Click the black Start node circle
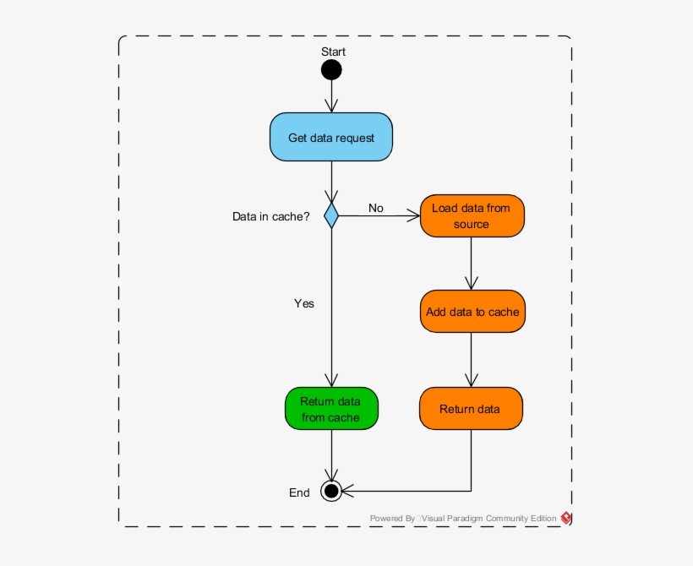(331, 69)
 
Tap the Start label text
(333, 52)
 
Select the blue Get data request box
(331, 137)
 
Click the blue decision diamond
(331, 215)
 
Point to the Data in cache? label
(270, 216)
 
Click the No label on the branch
(375, 208)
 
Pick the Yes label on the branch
(303, 302)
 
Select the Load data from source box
(471, 215)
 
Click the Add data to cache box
(472, 312)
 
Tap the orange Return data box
(471, 409)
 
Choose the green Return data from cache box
(330, 410)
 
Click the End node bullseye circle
(331, 490)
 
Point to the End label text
(299, 493)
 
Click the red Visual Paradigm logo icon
(566, 518)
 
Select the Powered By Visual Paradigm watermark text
(463, 518)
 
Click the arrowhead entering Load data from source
(413, 215)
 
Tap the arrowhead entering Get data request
(331, 106)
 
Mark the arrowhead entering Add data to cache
(471, 285)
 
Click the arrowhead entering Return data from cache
(331, 382)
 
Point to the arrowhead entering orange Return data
(471, 382)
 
